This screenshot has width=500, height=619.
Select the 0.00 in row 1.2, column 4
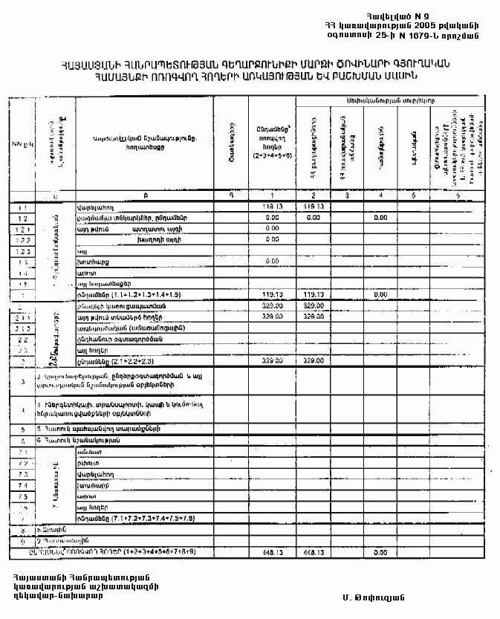(381, 218)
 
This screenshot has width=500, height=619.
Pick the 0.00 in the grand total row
(381, 553)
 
